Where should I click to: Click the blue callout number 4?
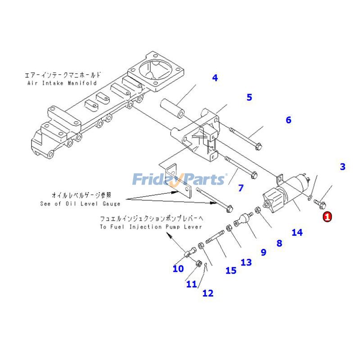click(x=215, y=78)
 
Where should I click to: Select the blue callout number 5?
click(x=249, y=97)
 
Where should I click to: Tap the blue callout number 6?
click(x=288, y=120)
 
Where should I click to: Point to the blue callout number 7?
click(x=241, y=188)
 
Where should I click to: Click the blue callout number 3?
click(x=342, y=167)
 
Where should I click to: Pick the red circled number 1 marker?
click(x=327, y=217)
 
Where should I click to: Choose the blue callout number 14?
click(x=297, y=232)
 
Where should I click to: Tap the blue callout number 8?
click(x=279, y=243)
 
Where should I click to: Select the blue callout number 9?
click(x=264, y=252)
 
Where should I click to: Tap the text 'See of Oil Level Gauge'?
click(x=80, y=204)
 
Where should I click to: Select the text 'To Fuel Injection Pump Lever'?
click(x=151, y=227)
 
